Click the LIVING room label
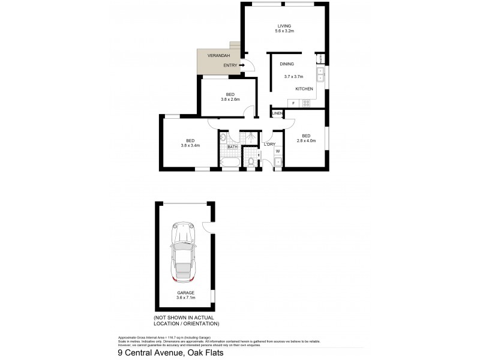click(x=284, y=25)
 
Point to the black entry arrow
click(x=241, y=65)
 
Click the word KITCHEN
click(x=304, y=89)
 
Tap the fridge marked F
click(x=293, y=103)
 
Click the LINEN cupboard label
click(x=277, y=113)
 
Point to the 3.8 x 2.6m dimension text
click(x=230, y=100)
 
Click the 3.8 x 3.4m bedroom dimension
click(x=190, y=145)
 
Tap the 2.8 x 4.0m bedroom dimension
click(x=306, y=141)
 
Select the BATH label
click(x=233, y=146)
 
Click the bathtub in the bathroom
click(x=230, y=163)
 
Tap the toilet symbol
click(x=251, y=161)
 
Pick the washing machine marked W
click(x=278, y=151)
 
